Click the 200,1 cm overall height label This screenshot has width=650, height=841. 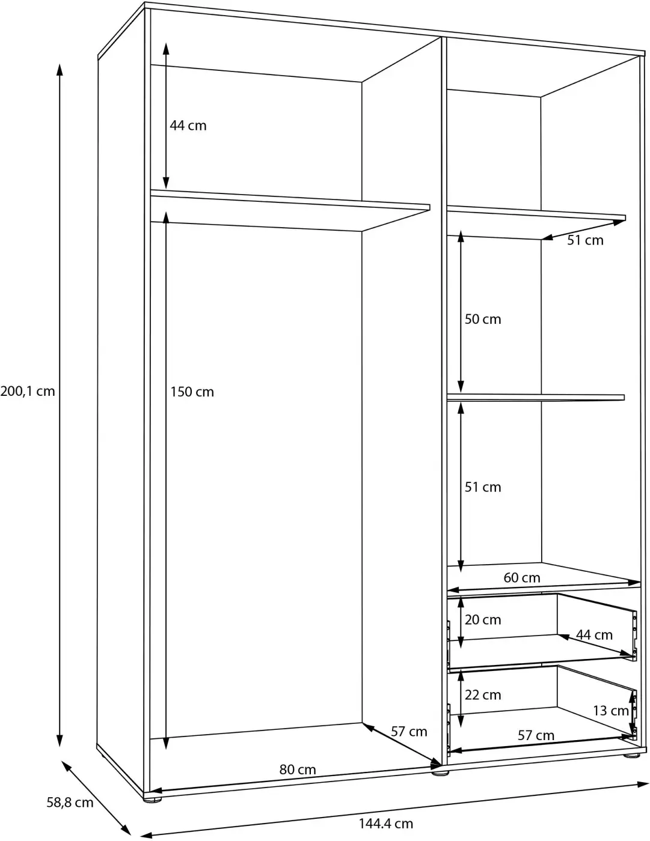(28, 391)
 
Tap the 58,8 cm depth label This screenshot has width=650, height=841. (70, 802)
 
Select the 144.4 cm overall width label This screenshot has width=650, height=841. (386, 824)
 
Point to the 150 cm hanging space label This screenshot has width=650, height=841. (192, 392)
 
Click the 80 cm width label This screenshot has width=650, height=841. (298, 770)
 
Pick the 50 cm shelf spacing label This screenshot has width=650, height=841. (482, 319)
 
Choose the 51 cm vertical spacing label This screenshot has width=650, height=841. (482, 487)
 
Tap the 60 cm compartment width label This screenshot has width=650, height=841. (522, 578)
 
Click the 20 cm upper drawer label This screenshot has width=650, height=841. (482, 619)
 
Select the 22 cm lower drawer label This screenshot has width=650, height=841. (482, 695)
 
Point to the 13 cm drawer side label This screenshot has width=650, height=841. (610, 711)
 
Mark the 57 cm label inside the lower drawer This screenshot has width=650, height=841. (536, 735)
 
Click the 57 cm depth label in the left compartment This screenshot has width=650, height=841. (409, 731)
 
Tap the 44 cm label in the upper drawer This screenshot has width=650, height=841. (594, 634)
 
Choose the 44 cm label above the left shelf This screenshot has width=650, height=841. (188, 126)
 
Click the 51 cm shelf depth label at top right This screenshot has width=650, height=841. (585, 240)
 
